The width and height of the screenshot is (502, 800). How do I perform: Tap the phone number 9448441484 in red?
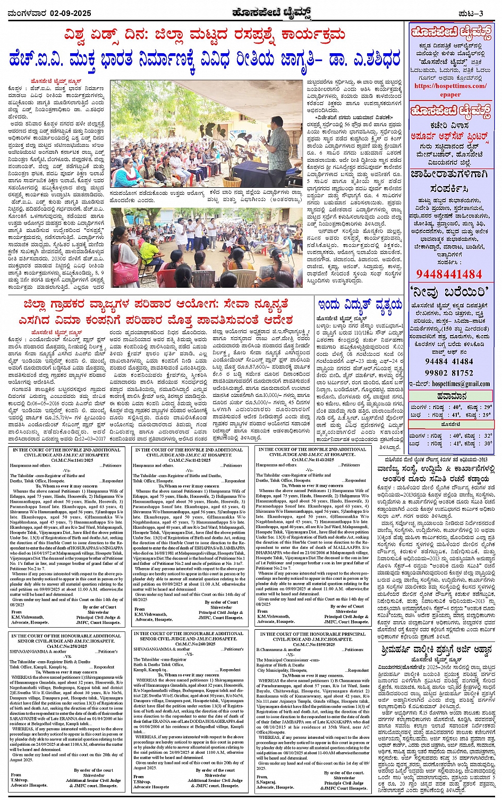tap(449, 274)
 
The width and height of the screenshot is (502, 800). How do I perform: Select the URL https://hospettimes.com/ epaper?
tap(450, 90)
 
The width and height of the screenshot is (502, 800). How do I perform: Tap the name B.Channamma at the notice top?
tap(273, 649)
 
